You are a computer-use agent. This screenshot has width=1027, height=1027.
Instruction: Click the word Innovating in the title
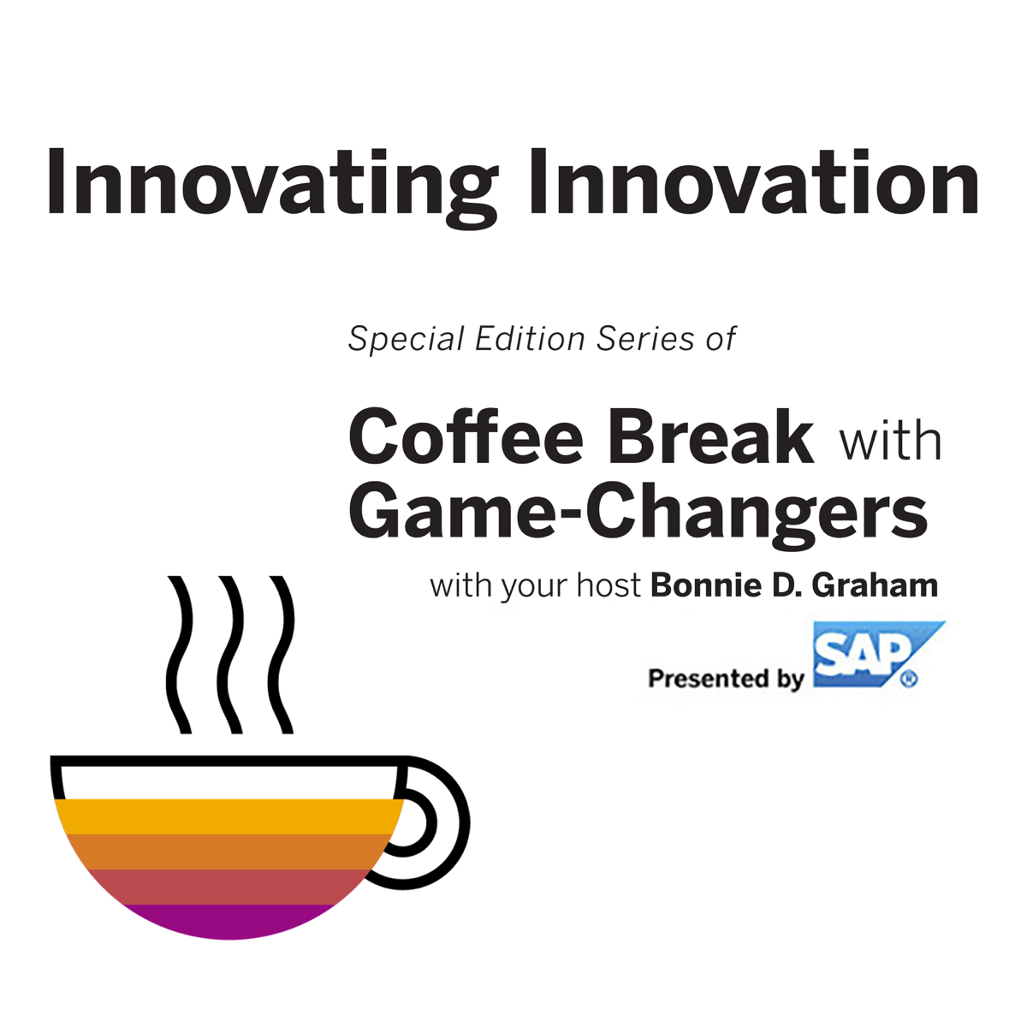click(x=272, y=187)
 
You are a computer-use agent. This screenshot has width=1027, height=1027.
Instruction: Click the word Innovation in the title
click(x=754, y=181)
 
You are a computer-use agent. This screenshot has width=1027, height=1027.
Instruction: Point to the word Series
click(x=645, y=338)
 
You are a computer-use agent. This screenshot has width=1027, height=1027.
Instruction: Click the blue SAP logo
click(x=878, y=654)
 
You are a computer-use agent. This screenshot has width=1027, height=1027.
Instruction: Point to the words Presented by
click(x=726, y=679)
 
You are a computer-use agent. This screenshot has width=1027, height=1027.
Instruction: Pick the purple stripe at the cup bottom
click(x=229, y=922)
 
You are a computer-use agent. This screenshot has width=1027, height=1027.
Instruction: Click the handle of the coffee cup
click(x=453, y=822)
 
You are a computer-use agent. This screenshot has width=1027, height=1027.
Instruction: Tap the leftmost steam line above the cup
click(x=180, y=655)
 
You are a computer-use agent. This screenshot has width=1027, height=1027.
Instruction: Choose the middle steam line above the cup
click(x=231, y=655)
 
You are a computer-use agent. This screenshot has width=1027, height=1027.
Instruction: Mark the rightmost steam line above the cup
click(x=282, y=655)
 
